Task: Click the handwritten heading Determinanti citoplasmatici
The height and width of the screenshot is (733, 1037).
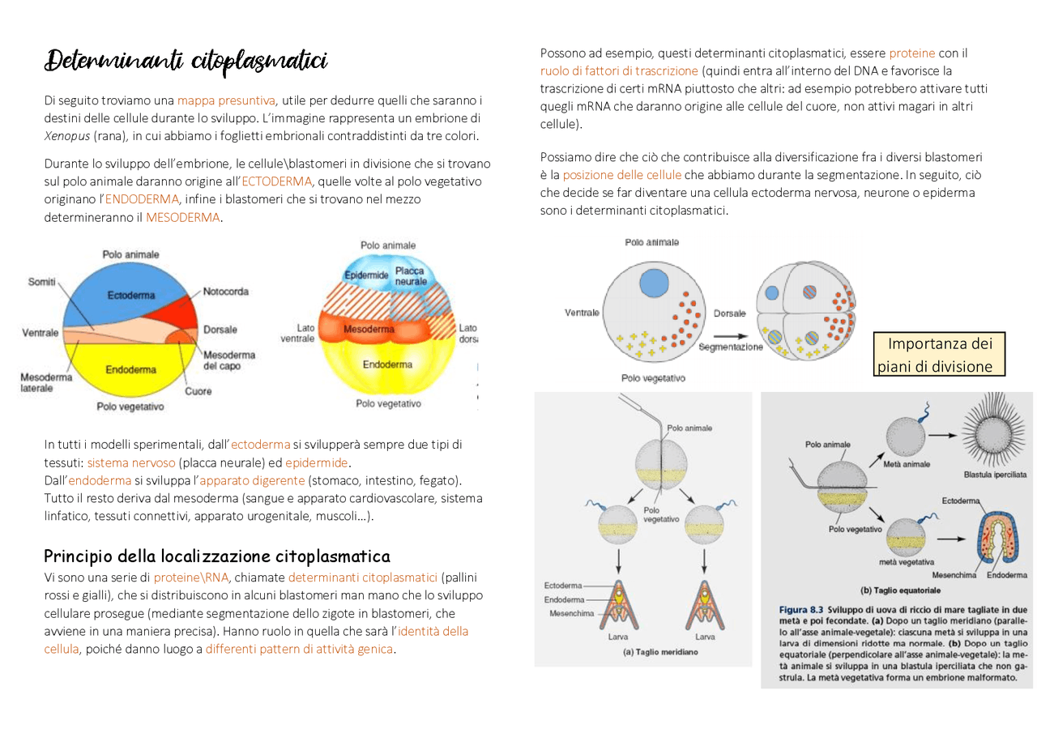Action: click(186, 62)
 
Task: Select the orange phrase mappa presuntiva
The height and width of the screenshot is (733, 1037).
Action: click(227, 100)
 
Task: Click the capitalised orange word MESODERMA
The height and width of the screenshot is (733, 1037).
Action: click(182, 217)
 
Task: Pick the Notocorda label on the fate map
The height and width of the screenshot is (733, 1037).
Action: click(226, 292)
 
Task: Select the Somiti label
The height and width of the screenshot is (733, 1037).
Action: click(41, 281)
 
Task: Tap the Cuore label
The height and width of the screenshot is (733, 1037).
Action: click(198, 391)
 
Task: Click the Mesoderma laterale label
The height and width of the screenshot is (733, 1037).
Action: click(45, 382)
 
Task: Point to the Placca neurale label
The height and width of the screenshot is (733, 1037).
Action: click(410, 275)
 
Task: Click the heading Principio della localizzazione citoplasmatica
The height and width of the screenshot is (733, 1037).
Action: click(217, 556)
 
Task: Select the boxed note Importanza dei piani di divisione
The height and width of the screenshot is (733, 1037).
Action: click(940, 355)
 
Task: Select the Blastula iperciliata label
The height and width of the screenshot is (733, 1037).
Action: click(995, 475)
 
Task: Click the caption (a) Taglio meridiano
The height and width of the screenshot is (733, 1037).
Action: click(649, 651)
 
